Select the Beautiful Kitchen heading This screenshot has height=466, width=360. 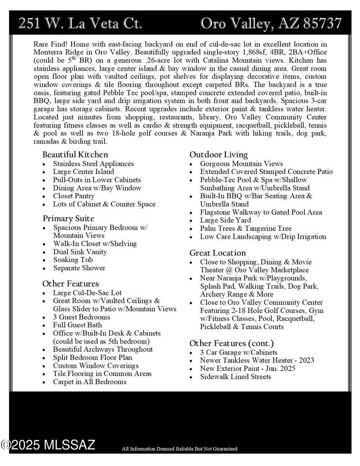75,154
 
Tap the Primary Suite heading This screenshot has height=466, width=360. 68,218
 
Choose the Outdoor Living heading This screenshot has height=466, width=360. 219,154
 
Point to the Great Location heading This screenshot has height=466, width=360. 218,253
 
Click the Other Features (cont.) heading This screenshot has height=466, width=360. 231,343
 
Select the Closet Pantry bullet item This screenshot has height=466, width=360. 74,196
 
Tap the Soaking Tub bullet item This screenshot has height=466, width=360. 73,260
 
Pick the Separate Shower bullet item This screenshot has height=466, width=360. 79,268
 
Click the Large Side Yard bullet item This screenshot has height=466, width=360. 225,220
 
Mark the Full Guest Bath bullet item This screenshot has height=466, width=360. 77,325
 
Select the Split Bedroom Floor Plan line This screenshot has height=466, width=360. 93,357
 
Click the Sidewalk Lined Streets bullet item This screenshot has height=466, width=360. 236,376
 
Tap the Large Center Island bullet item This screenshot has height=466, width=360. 84,172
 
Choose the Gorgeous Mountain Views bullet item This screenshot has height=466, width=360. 242,163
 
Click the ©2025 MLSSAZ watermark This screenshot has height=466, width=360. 48,445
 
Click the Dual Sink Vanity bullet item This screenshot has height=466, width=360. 80,252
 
